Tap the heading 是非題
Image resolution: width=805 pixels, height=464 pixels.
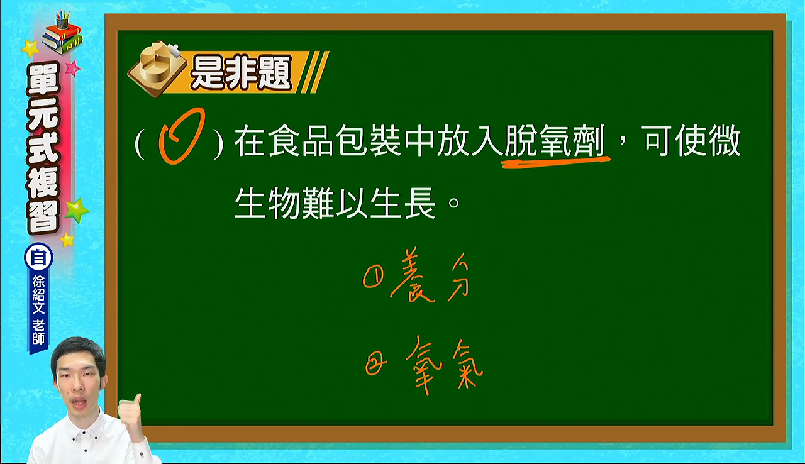click(241, 72)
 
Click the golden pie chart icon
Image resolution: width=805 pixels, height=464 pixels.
click(157, 69)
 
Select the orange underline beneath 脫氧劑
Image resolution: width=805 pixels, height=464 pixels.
click(555, 162)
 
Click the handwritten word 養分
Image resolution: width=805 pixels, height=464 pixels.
click(430, 275)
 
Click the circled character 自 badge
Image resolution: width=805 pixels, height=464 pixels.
click(38, 258)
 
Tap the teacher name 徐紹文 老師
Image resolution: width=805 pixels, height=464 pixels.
click(38, 310)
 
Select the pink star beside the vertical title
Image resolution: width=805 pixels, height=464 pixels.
click(72, 68)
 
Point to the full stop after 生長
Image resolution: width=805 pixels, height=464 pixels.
click(454, 203)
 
